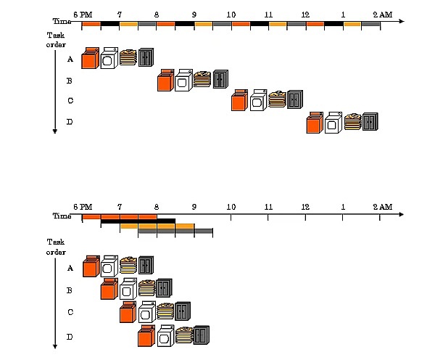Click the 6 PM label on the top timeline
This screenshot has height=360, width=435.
[83, 14]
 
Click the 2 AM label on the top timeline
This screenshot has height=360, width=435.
[381, 14]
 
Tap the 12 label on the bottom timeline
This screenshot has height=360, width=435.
[305, 207]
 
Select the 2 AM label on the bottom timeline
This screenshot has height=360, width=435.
[381, 207]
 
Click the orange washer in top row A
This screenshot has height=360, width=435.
[89, 59]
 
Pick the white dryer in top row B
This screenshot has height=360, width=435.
[183, 80]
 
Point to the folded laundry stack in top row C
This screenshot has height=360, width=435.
[276, 99]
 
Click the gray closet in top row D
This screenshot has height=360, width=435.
[370, 122]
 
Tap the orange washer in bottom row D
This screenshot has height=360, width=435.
[146, 336]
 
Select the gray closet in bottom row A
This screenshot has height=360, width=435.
[146, 266]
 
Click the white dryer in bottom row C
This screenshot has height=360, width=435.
[146, 311]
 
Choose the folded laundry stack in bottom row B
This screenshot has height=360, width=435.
[146, 287]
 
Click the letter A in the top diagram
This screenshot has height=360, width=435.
[70, 60]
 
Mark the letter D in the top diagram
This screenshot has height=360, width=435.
[70, 122]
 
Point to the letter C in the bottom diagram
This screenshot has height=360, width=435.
[70, 312]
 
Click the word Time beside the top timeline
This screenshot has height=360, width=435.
[62, 22]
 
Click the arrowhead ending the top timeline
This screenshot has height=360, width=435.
[401, 22]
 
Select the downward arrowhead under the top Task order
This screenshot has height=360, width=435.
[55, 131]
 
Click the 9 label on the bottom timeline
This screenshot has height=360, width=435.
[194, 207]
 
